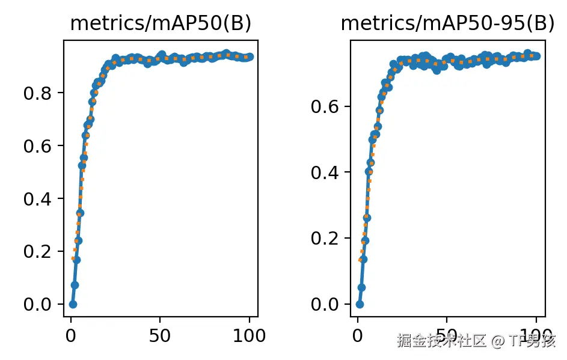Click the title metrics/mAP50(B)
click(x=161, y=23)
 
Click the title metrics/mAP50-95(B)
click(x=447, y=23)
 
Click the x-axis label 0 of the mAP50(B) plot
click(x=71, y=336)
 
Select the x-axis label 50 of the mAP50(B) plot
click(x=160, y=336)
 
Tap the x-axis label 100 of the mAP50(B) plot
click(x=249, y=336)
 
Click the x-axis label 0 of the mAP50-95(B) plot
click(x=358, y=336)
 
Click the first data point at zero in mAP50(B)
click(x=73, y=304)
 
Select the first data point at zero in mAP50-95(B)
click(x=360, y=304)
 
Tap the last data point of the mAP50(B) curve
click(x=250, y=56)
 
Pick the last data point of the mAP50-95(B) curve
click(x=536, y=56)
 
